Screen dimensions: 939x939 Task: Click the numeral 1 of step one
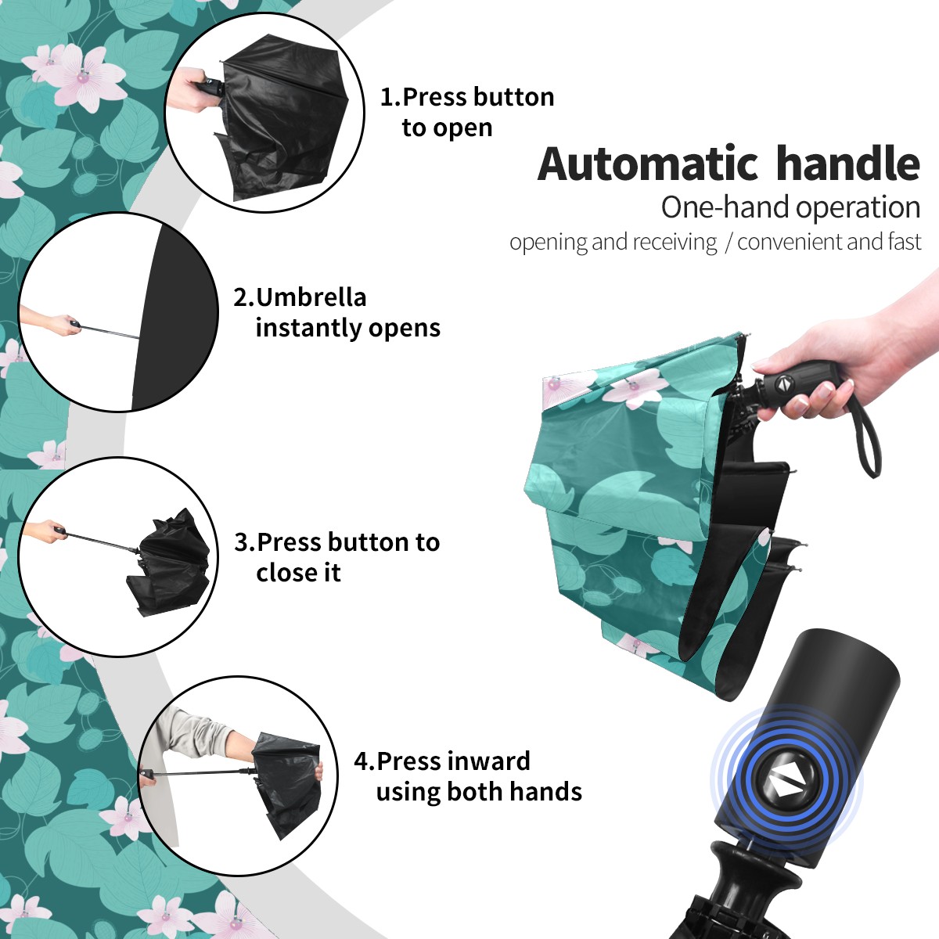point(386,98)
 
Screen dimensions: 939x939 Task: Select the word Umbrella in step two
point(311,297)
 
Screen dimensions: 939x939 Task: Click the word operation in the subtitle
point(858,208)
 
